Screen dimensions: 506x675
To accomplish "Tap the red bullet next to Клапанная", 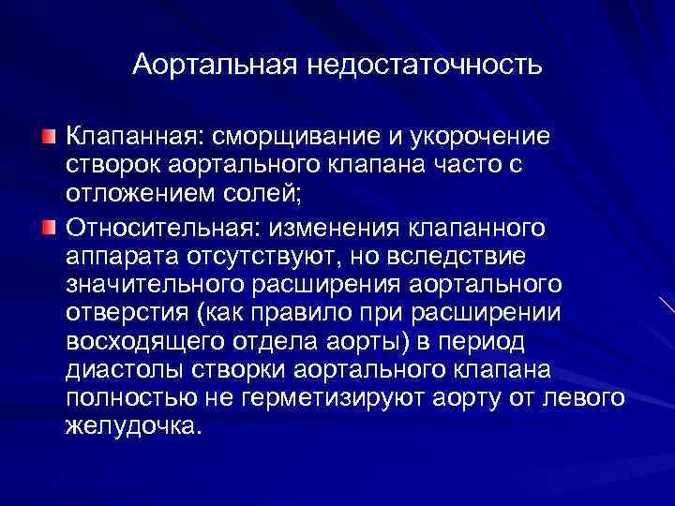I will coord(48,139).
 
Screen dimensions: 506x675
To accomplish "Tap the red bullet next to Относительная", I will coord(48,227).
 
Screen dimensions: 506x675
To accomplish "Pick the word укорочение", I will coord(476,139).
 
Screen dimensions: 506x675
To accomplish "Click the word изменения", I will coord(335,227).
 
